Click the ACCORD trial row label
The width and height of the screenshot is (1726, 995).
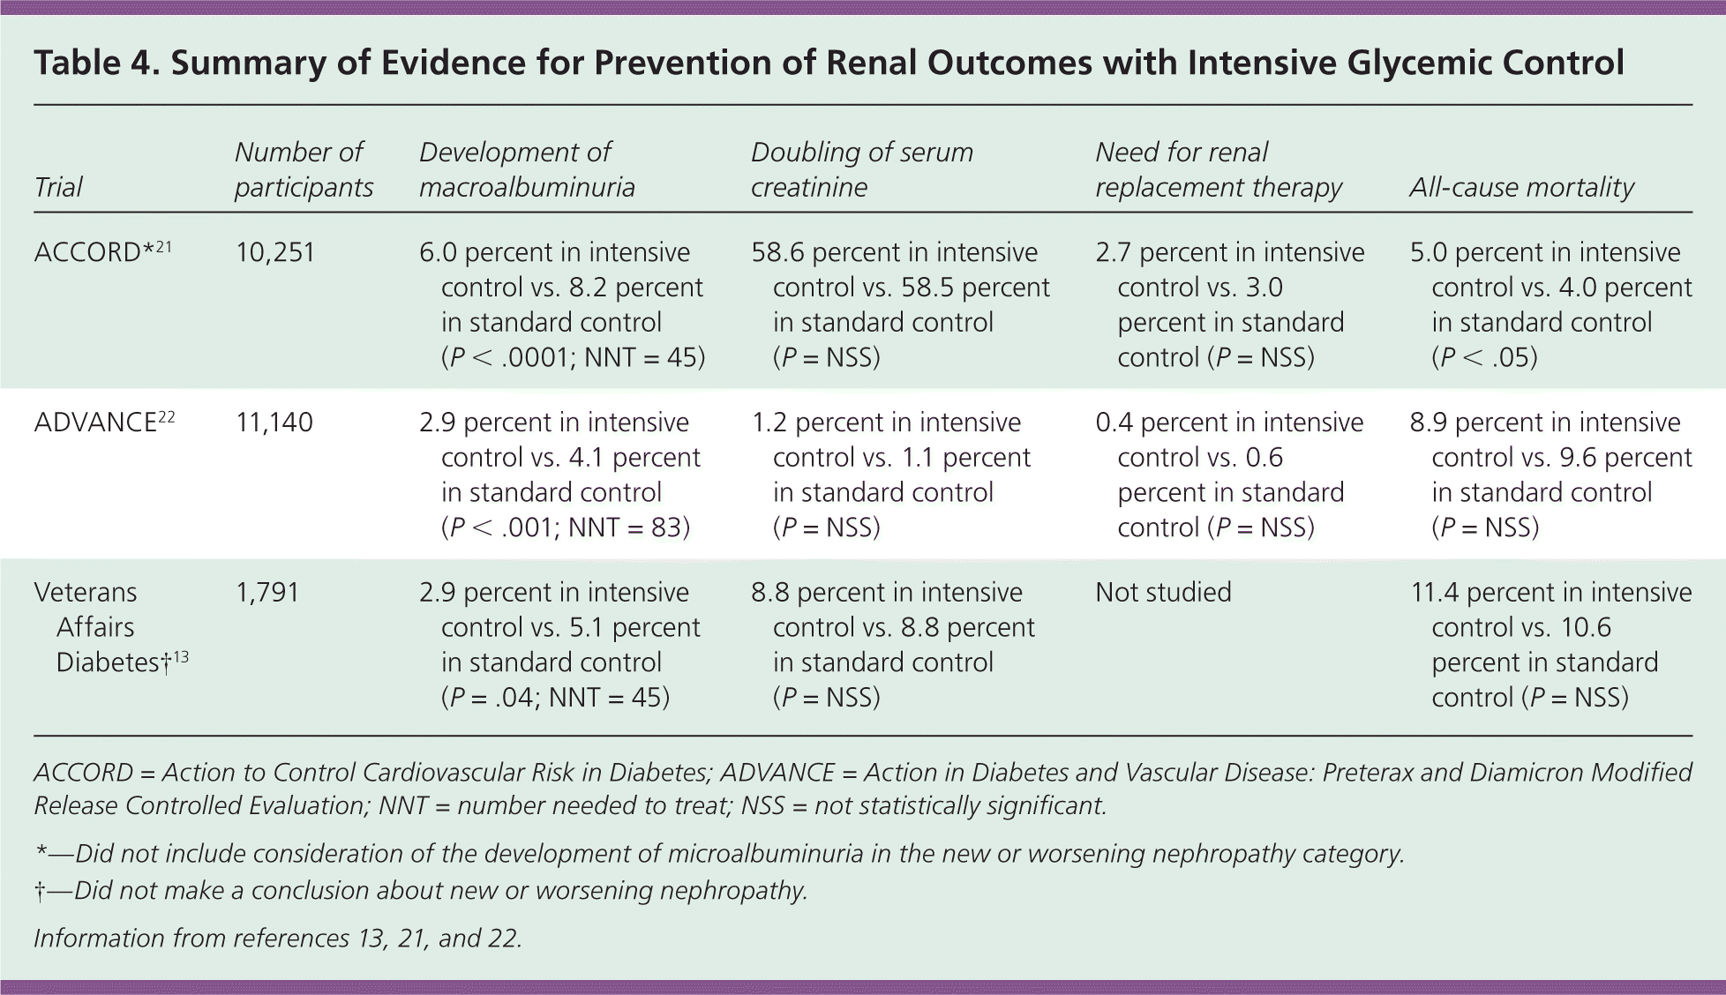(x=102, y=252)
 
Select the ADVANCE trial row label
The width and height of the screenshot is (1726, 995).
(x=104, y=423)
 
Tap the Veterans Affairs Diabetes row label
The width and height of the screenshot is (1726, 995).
(x=111, y=627)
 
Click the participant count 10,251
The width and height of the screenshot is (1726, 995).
(x=274, y=253)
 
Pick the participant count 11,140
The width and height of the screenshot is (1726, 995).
(x=274, y=423)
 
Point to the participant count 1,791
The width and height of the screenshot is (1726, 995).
(x=267, y=593)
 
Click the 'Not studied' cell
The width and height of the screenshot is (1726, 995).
(x=1163, y=593)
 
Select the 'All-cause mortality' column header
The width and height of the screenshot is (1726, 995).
(x=1521, y=187)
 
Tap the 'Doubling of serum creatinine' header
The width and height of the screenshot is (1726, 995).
(x=861, y=169)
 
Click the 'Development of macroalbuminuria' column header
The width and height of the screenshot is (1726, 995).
(x=527, y=169)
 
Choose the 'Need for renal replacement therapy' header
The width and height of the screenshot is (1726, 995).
(x=1218, y=169)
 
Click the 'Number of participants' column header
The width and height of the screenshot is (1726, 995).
(x=304, y=169)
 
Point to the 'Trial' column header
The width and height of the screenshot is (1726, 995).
(x=58, y=187)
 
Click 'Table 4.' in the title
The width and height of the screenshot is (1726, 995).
(x=95, y=64)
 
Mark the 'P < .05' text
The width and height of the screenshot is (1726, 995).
(x=1484, y=358)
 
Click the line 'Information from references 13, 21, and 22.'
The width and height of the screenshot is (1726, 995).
(x=278, y=938)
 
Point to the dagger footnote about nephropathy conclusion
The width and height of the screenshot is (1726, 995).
(x=421, y=891)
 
